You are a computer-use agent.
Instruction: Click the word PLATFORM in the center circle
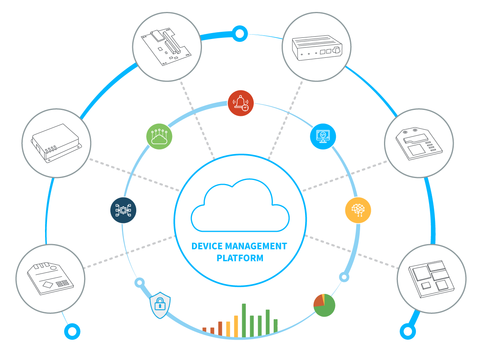click(x=240, y=258)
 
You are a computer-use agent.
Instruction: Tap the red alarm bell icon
click(x=241, y=103)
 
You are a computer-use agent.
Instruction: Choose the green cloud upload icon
click(x=159, y=137)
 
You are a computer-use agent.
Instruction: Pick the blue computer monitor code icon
click(x=323, y=137)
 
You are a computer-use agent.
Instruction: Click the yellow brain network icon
click(x=358, y=210)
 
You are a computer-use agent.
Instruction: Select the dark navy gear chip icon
click(x=123, y=210)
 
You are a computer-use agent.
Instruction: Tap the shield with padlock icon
click(x=160, y=305)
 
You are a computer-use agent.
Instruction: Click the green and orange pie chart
click(x=324, y=305)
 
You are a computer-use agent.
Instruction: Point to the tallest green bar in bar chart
click(x=244, y=320)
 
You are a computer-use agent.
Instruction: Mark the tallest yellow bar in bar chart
click(x=236, y=326)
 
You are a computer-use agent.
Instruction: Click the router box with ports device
click(x=316, y=47)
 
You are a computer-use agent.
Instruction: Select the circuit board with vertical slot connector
click(x=167, y=47)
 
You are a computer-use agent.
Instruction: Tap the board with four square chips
click(x=431, y=278)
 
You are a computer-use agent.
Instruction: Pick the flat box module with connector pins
click(x=56, y=143)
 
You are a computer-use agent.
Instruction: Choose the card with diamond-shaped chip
click(x=50, y=278)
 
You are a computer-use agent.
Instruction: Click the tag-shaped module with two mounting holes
click(x=419, y=143)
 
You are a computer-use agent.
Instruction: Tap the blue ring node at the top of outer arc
click(x=239, y=34)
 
